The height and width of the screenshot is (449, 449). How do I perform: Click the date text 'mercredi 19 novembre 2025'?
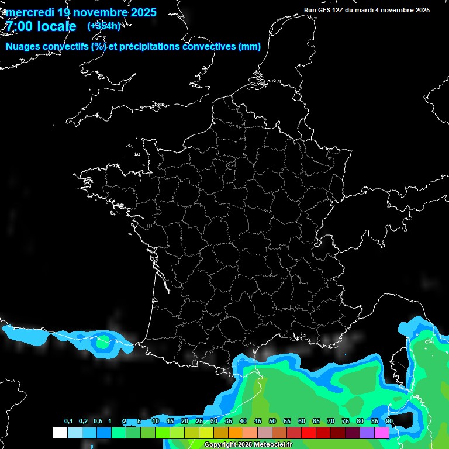tap(81, 12)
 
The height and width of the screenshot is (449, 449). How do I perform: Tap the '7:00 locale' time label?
tap(41, 26)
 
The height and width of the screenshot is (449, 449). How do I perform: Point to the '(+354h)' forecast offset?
tap(104, 26)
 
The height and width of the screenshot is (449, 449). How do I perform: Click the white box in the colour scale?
tap(60, 433)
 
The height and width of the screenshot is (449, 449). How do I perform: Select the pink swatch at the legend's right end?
tap(382, 433)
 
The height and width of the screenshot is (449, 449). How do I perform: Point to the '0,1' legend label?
tap(68, 422)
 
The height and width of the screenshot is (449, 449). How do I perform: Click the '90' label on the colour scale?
tap(389, 422)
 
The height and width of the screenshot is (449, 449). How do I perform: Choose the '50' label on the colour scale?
tap(272, 422)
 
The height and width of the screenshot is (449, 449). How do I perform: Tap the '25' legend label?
tap(199, 422)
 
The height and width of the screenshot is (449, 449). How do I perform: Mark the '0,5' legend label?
tap(98, 422)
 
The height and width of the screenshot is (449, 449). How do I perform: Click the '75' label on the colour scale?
tap(345, 422)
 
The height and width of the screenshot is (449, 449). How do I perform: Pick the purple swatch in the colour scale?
tap(367, 433)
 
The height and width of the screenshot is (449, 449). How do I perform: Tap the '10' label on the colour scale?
tap(156, 422)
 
